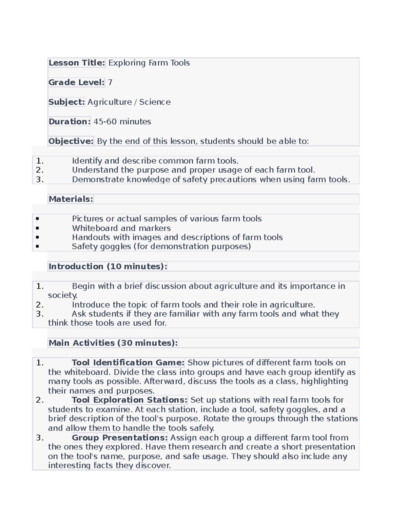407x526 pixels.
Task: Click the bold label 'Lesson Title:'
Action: pos(77,63)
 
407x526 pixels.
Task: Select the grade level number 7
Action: pos(110,82)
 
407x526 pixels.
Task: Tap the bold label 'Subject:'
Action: pos(66,102)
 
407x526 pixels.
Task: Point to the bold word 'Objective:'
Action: pos(71,141)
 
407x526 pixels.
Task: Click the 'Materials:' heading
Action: pos(71,199)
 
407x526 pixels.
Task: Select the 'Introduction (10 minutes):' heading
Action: pos(108,267)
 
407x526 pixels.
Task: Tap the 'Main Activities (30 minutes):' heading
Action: pos(113,343)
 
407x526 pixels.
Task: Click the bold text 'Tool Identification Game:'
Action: pos(128,363)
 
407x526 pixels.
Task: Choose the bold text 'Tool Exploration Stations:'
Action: pos(130,400)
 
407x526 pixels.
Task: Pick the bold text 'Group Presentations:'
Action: pos(120,438)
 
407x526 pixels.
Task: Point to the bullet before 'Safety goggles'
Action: pos(37,247)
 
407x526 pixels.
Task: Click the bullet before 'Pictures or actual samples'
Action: pos(37,219)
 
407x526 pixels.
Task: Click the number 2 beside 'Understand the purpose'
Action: pos(39,170)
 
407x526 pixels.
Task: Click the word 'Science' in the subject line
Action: pos(155,102)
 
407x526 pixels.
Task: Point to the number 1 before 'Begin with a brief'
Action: pos(39,286)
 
